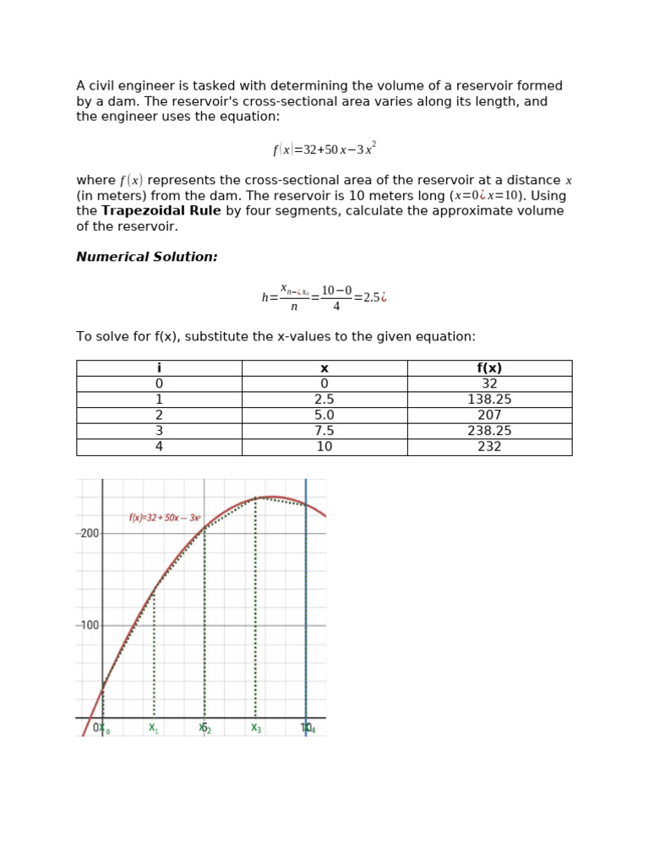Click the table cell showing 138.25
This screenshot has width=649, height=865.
[489, 400]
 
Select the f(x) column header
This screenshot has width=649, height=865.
[489, 368]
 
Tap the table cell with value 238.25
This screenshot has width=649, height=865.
[489, 431]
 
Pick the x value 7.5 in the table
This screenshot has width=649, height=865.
[324, 431]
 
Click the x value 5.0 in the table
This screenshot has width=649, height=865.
[324, 416]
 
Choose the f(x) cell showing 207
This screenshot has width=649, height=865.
[489, 416]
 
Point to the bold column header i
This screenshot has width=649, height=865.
[159, 368]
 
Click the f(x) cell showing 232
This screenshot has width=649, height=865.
[489, 447]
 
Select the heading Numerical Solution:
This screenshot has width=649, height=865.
[147, 257]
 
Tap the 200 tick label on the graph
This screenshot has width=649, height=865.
[89, 534]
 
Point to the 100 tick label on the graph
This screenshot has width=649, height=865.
[89, 626]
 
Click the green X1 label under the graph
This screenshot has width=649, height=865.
[153, 728]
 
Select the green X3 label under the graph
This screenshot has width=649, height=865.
[255, 728]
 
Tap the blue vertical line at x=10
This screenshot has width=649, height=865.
[306, 608]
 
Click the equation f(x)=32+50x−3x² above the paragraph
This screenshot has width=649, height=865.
[324, 150]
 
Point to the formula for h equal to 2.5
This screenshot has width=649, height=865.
[324, 297]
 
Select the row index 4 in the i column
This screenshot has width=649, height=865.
[159, 447]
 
